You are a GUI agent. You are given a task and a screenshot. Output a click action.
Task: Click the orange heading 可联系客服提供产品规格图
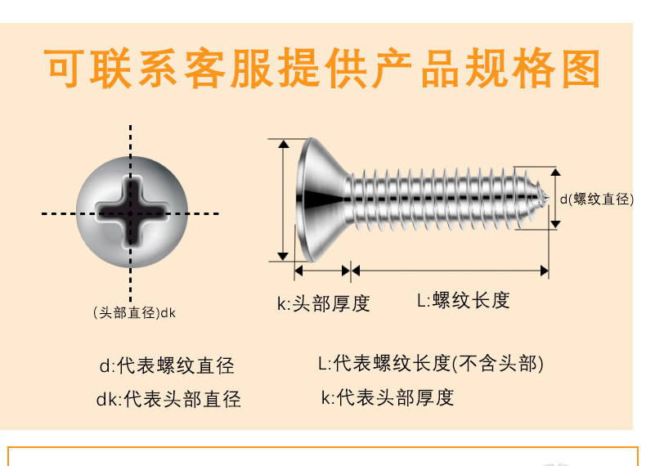[322, 70]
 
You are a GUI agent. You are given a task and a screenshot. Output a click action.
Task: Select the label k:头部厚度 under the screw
[323, 303]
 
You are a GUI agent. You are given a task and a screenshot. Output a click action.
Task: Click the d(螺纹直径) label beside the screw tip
[596, 199]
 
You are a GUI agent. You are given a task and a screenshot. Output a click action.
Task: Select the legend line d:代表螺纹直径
[166, 365]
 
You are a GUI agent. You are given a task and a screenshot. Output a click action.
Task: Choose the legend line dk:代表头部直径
[168, 399]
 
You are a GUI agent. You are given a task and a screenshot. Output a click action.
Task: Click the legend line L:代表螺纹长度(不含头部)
[430, 363]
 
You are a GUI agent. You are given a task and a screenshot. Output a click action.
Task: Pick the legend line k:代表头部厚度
[387, 397]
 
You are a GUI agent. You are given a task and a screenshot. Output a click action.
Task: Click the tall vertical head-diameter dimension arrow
[284, 199]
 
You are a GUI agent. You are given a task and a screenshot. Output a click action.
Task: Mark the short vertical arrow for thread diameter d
[555, 199]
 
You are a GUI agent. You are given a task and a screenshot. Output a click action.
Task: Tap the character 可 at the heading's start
[65, 70]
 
